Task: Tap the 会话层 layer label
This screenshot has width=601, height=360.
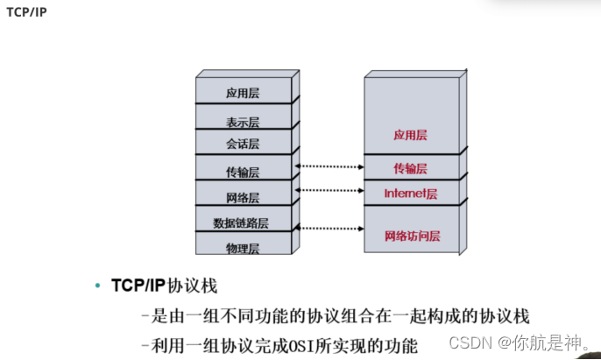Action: click(243, 144)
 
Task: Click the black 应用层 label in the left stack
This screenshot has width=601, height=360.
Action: click(243, 93)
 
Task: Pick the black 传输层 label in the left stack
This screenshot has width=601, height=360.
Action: click(243, 172)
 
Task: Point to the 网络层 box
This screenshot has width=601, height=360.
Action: click(243, 198)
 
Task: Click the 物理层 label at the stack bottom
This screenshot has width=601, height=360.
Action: click(243, 249)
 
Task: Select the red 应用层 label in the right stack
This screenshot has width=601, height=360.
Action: click(409, 135)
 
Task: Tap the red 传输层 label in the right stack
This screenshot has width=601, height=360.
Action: click(409, 167)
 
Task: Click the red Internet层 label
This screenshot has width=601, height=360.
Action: click(410, 193)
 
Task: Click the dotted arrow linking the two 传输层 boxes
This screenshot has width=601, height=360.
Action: click(330, 166)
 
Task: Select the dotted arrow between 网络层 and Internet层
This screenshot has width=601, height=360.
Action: click(330, 189)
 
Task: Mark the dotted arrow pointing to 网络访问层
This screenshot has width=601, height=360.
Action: click(330, 227)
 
